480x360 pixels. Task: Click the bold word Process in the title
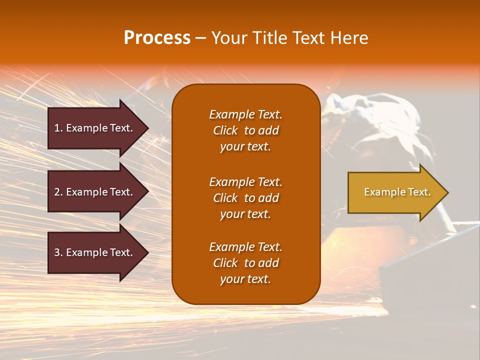click(x=157, y=38)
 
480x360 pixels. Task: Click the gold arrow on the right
click(x=395, y=192)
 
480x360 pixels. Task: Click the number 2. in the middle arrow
click(x=58, y=192)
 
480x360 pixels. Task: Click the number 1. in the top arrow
click(x=58, y=128)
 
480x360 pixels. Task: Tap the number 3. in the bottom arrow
click(x=58, y=252)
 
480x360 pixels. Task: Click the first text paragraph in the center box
click(x=245, y=130)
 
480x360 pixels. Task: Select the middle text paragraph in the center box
click(x=245, y=198)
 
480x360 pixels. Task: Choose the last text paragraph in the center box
click(x=245, y=263)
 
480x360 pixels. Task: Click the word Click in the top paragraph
click(x=225, y=131)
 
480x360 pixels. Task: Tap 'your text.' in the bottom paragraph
click(x=245, y=279)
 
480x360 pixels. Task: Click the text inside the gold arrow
click(x=397, y=192)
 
